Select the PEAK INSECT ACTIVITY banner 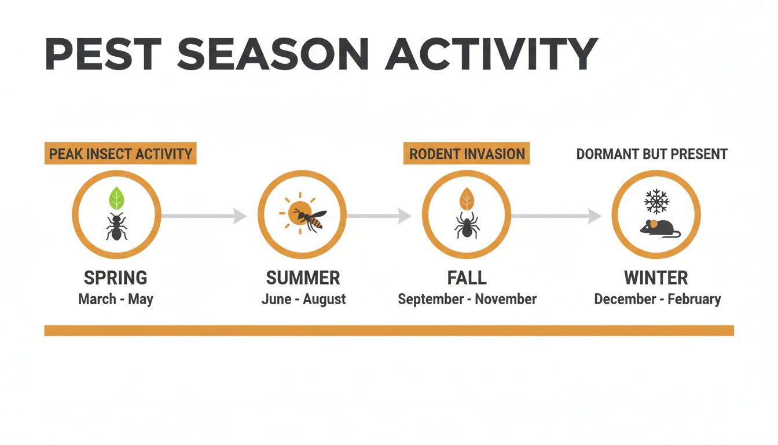120,154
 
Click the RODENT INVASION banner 467,154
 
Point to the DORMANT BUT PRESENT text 652,154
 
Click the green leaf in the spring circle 117,199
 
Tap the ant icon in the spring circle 116,227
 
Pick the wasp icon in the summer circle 310,219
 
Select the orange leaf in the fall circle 467,200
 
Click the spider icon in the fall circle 467,227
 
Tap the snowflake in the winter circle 656,202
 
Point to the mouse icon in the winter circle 660,228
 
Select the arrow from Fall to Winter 556,216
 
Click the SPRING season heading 116,278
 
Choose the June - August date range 303,299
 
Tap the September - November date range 467,299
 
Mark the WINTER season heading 656,278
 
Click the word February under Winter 694,299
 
